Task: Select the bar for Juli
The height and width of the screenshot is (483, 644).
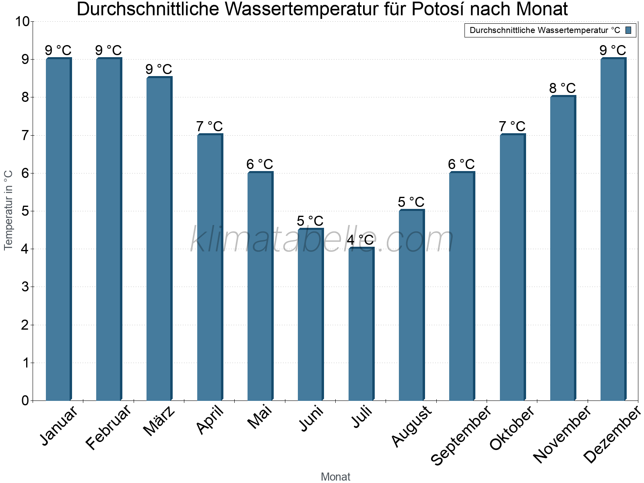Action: (361, 324)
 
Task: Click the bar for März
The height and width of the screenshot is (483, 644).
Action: (159, 239)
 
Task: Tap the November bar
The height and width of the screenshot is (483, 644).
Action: (563, 248)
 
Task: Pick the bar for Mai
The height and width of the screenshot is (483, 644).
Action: (260, 286)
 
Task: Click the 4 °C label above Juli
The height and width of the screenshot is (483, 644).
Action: (360, 240)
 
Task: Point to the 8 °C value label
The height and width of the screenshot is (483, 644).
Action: (563, 88)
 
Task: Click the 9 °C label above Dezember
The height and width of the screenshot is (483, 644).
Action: (613, 50)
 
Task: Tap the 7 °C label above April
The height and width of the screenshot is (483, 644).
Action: (209, 126)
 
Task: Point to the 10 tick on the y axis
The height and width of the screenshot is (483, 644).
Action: (22, 21)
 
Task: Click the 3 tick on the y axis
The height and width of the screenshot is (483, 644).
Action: (25, 287)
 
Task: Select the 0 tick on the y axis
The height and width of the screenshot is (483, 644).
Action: (25, 400)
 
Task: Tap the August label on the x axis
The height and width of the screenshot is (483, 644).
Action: (412, 427)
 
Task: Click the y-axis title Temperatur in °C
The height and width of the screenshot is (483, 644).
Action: (8, 210)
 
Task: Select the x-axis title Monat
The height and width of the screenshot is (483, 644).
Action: (335, 477)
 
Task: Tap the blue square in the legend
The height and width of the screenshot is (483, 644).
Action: (628, 30)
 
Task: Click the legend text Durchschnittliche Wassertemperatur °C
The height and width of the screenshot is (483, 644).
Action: (545, 30)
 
